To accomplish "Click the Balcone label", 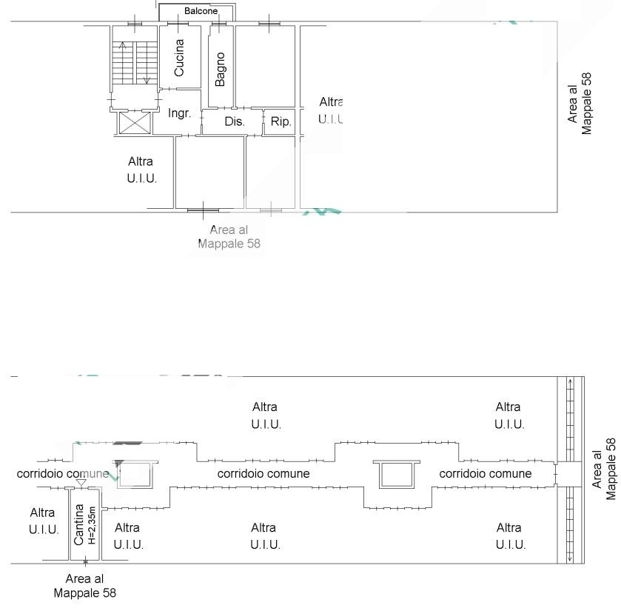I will (201, 11).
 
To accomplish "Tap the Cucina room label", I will (179, 57).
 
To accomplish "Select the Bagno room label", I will (220, 69).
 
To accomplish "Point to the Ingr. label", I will (180, 113).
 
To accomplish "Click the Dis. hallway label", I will (235, 121).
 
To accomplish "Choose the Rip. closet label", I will (281, 121).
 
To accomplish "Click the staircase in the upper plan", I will (135, 62).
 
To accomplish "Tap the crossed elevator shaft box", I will (134, 123).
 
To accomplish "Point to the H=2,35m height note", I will (92, 525).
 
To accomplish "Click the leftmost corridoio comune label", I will (63, 473).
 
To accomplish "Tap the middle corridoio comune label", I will (263, 473).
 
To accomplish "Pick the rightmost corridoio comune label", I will (486, 473).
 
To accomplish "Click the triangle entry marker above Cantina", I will (81, 484).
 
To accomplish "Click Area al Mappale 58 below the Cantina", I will (84, 586).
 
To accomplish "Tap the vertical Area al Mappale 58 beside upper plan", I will (580, 103).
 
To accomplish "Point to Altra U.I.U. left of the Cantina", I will (43, 521).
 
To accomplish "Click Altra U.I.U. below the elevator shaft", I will (142, 170).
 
